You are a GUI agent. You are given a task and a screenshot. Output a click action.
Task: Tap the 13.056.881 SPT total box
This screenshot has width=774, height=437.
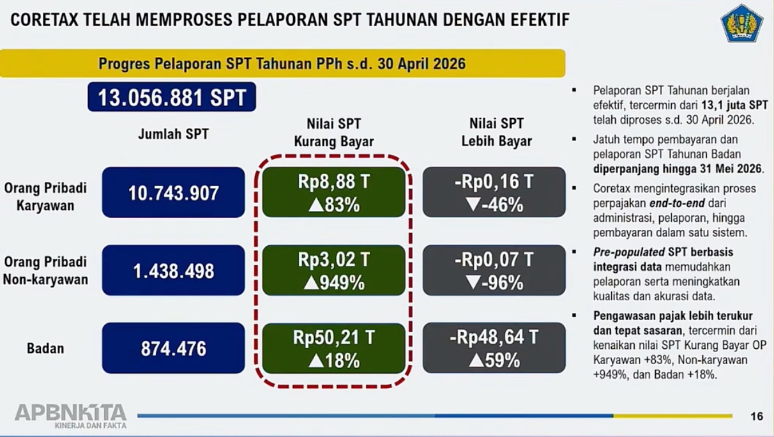point(172,97)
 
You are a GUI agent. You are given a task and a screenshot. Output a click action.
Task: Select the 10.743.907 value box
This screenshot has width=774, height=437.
point(174,192)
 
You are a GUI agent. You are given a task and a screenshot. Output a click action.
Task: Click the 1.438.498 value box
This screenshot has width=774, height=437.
point(174,270)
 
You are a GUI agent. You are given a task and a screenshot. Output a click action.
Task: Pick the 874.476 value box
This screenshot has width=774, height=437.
point(174,348)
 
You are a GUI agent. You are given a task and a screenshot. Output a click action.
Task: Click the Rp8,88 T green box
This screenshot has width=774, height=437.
point(334,192)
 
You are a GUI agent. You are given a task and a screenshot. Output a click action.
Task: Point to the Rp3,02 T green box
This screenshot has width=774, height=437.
point(334,270)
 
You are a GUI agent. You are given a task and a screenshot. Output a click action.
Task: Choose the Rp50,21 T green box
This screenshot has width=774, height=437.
point(334,348)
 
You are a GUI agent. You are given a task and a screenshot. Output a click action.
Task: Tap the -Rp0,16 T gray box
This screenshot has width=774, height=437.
point(494,192)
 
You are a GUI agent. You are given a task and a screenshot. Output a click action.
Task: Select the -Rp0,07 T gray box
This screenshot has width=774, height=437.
point(494,270)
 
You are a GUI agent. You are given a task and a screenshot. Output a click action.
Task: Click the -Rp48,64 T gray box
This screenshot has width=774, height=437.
point(494,348)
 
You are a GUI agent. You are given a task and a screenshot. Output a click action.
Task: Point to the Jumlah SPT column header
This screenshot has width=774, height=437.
point(174,134)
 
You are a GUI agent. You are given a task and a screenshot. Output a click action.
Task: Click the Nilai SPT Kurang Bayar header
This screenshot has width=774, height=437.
point(334,132)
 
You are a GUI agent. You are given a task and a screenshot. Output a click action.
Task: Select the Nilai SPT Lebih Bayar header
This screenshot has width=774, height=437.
point(497,132)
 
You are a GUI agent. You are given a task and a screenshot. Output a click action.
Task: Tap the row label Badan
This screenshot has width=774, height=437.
point(45,348)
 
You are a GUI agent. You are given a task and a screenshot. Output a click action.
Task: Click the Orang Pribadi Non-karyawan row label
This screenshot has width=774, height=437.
point(45,271)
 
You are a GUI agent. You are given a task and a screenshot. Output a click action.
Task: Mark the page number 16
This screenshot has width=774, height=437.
point(757,417)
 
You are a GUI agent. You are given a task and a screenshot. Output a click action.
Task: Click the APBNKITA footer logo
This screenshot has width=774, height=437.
point(70,417)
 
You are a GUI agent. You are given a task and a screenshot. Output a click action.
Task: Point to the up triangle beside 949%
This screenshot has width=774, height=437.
point(310,284)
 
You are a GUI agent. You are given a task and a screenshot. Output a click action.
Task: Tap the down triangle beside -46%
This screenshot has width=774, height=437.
point(473,205)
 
